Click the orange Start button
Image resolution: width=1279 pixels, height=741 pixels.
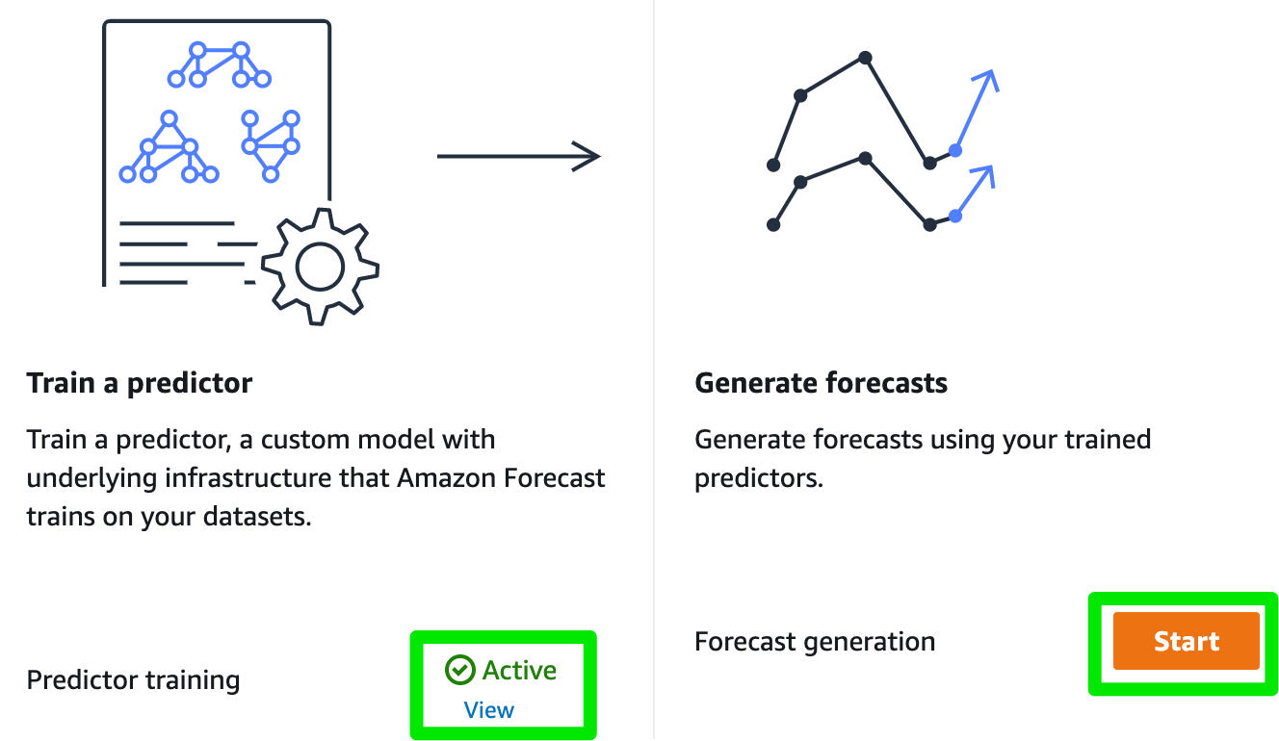pos(1186,641)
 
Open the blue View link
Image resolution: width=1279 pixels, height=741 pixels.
pos(489,710)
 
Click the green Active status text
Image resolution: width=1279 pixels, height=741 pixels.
pos(519,670)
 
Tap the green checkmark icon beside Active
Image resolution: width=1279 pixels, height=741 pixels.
pos(460,670)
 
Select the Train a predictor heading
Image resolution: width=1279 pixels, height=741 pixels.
pos(140,383)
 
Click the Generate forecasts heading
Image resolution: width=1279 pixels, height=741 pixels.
pos(821,383)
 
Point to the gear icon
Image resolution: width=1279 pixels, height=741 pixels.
pos(320,266)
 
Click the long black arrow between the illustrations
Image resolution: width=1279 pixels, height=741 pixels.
pos(518,155)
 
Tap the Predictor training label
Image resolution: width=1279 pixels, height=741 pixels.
pos(133,680)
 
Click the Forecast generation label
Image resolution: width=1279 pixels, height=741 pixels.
pos(815,642)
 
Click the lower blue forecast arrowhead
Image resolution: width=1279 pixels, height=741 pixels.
pos(982,174)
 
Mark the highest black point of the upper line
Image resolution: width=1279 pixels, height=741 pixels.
pos(865,59)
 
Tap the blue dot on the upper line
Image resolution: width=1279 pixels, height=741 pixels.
pos(954,150)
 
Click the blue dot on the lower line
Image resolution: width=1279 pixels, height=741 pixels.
pos(954,216)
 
